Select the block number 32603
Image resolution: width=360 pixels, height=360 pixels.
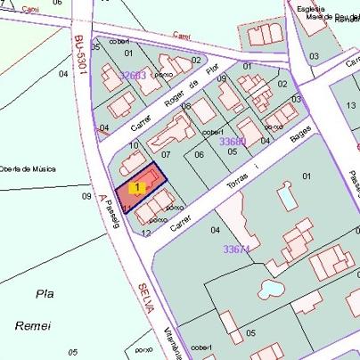(132, 76)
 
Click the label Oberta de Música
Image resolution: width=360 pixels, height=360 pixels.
(29, 168)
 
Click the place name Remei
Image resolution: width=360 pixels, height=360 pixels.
(33, 326)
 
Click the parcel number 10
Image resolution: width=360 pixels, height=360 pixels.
(134, 144)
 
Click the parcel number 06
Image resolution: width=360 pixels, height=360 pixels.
(199, 154)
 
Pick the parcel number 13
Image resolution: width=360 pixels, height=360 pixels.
(349, 105)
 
